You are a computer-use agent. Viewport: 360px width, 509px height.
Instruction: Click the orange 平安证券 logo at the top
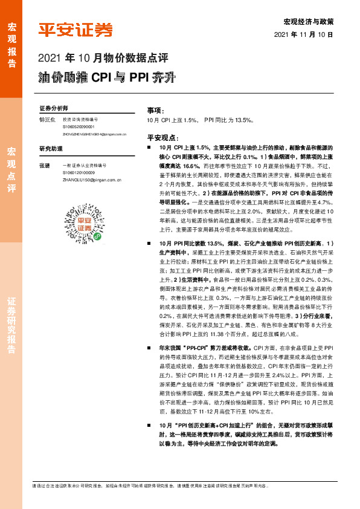pos(76,29)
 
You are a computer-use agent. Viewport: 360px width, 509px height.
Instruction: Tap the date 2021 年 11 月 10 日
pos(308,35)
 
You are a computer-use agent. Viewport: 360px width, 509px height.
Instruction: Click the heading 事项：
pos(156,111)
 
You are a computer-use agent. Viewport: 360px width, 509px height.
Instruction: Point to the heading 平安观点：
pos(164,137)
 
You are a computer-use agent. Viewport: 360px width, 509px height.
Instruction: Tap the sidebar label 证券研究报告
pos(11,326)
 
